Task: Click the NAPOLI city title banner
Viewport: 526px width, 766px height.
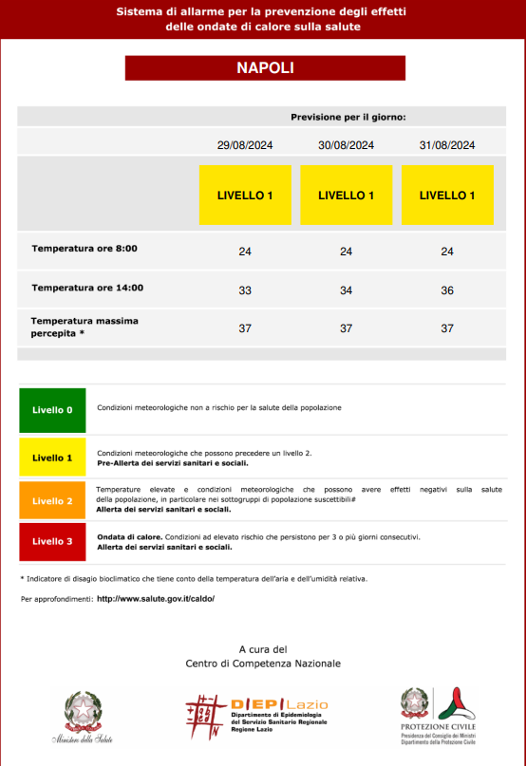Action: click(x=265, y=68)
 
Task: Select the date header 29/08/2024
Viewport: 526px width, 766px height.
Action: click(x=245, y=145)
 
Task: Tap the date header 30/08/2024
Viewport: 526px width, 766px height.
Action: click(x=346, y=145)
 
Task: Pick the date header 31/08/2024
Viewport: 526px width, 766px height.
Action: click(x=447, y=145)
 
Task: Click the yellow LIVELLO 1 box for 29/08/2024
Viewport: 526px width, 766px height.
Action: click(x=245, y=196)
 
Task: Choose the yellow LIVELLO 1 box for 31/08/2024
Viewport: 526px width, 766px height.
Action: click(x=447, y=196)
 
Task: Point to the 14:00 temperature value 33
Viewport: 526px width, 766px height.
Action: click(x=245, y=290)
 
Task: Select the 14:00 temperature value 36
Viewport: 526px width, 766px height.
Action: click(x=447, y=290)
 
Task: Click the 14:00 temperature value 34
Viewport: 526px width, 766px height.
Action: click(x=346, y=290)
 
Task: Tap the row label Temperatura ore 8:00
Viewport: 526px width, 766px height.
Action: click(x=85, y=249)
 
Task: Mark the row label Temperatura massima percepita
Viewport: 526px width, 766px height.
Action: click(x=85, y=327)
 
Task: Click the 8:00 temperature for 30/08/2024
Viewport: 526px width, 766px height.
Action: click(x=346, y=252)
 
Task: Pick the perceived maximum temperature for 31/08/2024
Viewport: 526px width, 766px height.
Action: click(x=447, y=328)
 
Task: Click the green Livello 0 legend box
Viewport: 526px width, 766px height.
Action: click(x=52, y=410)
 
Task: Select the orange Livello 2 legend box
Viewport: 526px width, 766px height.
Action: click(x=52, y=500)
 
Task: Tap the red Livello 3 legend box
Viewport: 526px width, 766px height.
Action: click(x=52, y=541)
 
